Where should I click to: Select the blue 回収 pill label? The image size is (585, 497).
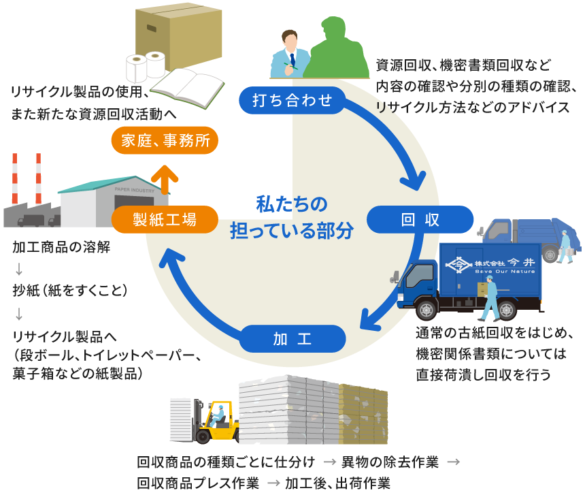(420, 219)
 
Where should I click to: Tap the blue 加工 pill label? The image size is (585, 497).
(293, 338)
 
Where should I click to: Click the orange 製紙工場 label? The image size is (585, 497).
(164, 219)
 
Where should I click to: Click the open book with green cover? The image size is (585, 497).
(187, 86)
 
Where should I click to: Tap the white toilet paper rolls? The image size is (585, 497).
(146, 67)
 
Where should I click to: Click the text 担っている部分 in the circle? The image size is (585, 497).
(292, 231)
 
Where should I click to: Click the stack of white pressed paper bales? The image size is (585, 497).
(289, 408)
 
